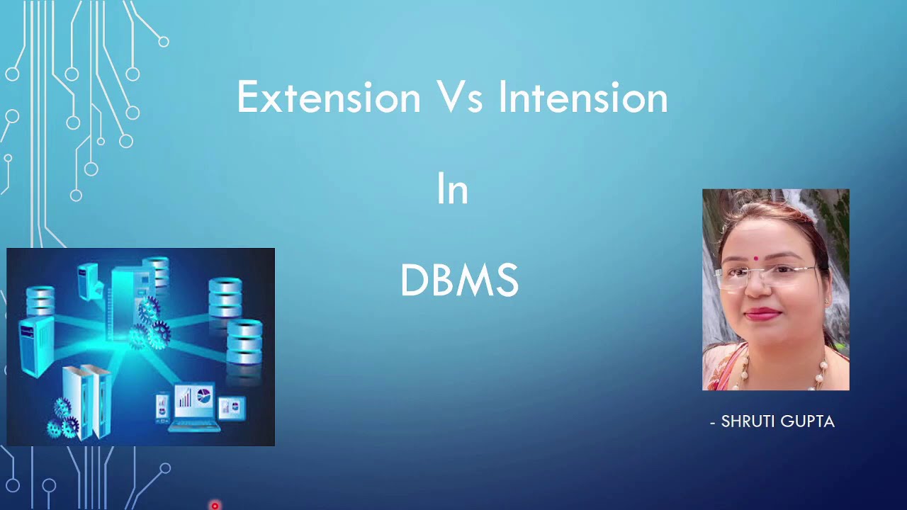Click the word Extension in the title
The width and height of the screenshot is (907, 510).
click(328, 98)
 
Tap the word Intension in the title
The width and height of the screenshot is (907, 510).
click(582, 98)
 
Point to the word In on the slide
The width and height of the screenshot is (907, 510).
click(452, 190)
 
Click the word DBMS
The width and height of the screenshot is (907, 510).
click(459, 280)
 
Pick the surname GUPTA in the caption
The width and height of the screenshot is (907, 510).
click(809, 421)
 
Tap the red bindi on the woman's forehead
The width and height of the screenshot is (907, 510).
click(757, 259)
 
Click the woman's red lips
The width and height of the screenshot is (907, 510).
click(762, 314)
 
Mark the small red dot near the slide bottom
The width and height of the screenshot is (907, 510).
click(215, 506)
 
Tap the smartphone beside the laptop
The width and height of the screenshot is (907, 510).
click(162, 407)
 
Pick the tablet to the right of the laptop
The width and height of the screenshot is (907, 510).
click(232, 407)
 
